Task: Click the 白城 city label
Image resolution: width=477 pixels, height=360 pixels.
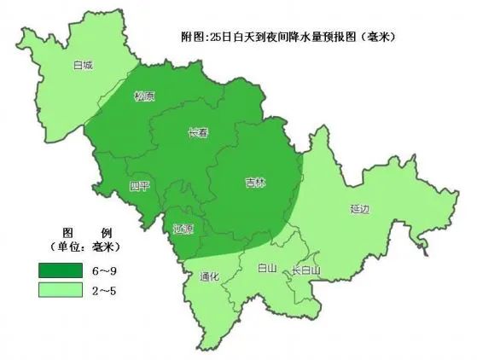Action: point(84,64)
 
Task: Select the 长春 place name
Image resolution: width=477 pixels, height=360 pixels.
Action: point(198,132)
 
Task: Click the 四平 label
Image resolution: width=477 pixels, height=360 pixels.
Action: point(139,187)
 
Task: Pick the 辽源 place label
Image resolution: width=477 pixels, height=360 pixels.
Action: point(183,229)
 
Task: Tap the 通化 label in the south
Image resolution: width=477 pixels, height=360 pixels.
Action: point(209,277)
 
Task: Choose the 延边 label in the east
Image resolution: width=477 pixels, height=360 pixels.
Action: point(360,207)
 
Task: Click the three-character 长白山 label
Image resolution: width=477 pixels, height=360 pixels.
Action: point(306,271)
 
